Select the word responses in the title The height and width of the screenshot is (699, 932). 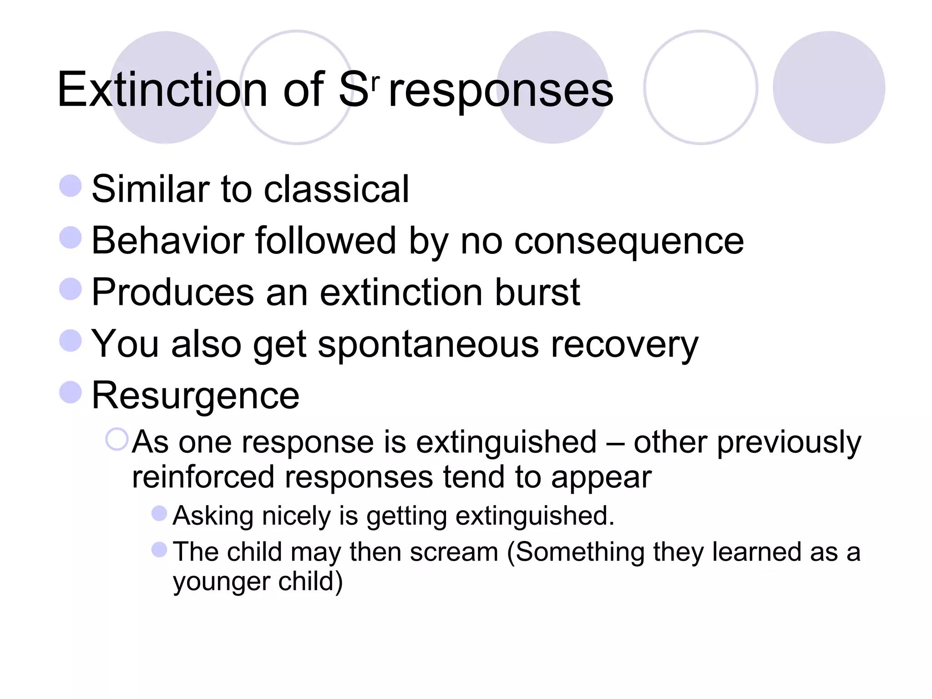click(501, 91)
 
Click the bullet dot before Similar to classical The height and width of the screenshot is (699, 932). click(71, 186)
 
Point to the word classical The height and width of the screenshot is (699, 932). click(336, 189)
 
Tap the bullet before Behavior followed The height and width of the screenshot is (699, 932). click(71, 238)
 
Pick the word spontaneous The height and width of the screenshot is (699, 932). click(428, 344)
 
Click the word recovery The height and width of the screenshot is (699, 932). click(624, 344)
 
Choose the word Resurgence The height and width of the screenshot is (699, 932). click(195, 395)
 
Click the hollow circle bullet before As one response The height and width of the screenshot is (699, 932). click(116, 440)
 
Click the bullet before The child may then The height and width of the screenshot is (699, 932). click(159, 549)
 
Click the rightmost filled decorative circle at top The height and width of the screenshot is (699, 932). click(829, 87)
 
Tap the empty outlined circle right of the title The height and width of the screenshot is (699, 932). click(700, 87)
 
